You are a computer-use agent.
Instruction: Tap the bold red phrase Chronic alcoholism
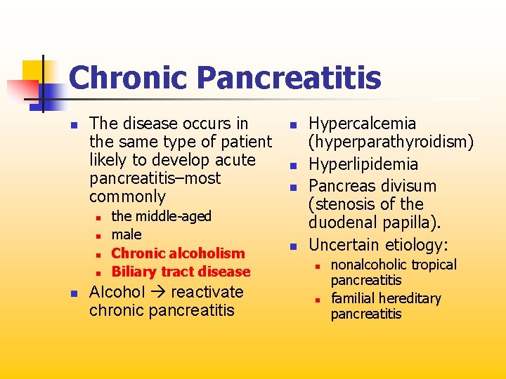[x=179, y=253]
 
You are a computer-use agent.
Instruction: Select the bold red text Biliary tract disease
[x=181, y=272]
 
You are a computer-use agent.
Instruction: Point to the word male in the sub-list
[x=126, y=234]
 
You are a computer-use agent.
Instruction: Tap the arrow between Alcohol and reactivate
[x=157, y=293]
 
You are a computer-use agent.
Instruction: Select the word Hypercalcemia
[x=363, y=124]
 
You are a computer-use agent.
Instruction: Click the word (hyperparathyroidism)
[x=391, y=142]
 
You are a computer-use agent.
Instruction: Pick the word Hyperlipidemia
[x=363, y=165]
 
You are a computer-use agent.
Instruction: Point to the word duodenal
[x=341, y=223]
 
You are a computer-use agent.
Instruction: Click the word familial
[x=351, y=298]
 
